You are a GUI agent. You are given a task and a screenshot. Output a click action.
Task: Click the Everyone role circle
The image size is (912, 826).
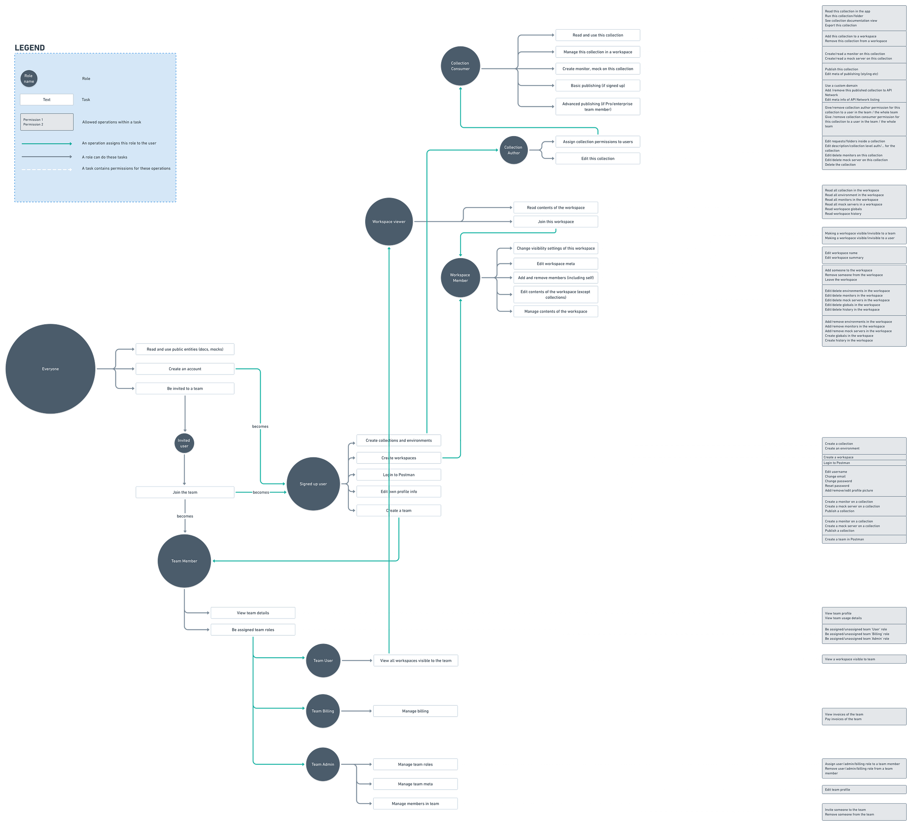(x=50, y=368)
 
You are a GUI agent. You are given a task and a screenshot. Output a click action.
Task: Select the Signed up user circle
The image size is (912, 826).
(x=313, y=484)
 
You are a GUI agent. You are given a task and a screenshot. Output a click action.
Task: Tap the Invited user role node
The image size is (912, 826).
(x=184, y=443)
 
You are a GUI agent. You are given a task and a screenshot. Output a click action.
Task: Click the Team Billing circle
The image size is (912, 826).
(x=323, y=710)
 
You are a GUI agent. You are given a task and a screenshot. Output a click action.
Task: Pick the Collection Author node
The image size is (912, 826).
(x=513, y=150)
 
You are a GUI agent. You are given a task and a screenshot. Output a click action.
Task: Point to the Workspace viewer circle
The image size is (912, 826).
(x=389, y=221)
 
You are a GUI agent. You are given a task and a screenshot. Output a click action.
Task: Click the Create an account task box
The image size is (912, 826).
(x=185, y=369)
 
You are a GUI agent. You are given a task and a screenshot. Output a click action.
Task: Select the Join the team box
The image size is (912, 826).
(x=185, y=492)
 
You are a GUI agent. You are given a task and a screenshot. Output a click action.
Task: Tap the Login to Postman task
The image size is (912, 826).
(x=399, y=475)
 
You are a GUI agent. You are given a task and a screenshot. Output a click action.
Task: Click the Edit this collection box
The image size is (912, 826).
(x=598, y=159)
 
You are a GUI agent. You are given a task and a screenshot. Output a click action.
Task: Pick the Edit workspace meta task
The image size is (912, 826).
(x=556, y=263)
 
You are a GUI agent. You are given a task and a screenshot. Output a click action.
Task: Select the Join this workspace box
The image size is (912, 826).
(x=556, y=222)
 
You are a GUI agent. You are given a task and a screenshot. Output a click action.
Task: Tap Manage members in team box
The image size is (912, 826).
(x=415, y=803)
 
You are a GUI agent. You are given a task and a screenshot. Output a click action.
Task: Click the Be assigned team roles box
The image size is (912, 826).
(x=253, y=629)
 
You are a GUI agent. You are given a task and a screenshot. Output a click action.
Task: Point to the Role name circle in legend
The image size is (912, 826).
(x=28, y=79)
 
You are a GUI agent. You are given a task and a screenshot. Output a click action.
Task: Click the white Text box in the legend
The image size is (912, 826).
(x=47, y=100)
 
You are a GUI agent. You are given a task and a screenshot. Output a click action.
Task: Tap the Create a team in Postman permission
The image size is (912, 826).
(x=864, y=539)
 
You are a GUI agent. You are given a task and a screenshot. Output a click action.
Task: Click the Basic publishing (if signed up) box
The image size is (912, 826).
(x=598, y=86)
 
